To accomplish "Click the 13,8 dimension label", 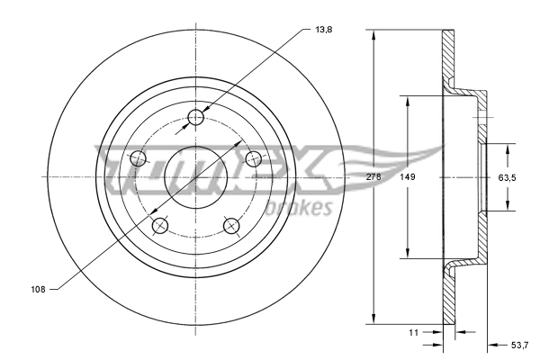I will (x=323, y=30).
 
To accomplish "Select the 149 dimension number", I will (x=407, y=177).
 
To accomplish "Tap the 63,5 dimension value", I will (x=507, y=177).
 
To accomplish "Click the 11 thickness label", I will (x=414, y=333).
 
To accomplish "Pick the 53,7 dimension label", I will (x=519, y=345).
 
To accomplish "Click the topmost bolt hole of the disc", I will (x=196, y=117).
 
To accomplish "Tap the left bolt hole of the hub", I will (x=138, y=159).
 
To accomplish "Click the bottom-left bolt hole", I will (x=160, y=225).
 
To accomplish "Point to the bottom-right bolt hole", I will (x=232, y=225).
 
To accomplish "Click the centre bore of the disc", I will (x=195, y=177).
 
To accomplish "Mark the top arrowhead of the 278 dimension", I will (x=373, y=34).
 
